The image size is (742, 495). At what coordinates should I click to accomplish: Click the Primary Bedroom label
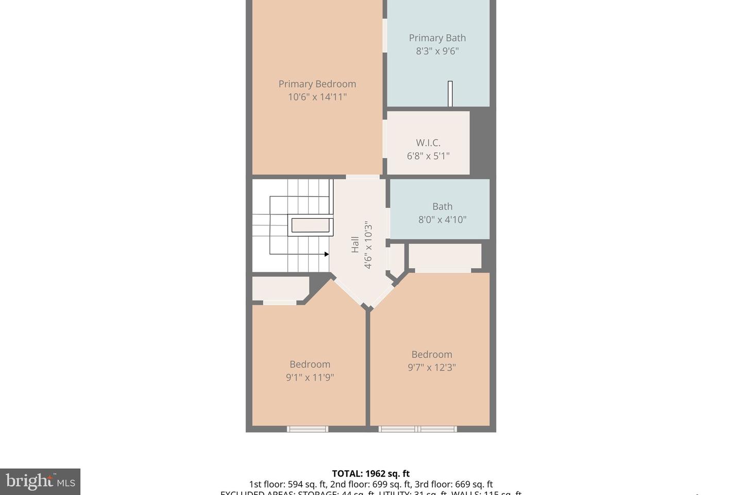pyautogui.click(x=317, y=84)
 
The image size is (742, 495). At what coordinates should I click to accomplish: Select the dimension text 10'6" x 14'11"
pyautogui.click(x=317, y=97)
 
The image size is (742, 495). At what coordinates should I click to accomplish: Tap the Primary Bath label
pyautogui.click(x=437, y=38)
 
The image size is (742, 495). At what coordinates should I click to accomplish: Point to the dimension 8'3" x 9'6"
pyautogui.click(x=437, y=51)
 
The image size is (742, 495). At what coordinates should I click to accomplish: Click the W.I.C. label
pyautogui.click(x=428, y=143)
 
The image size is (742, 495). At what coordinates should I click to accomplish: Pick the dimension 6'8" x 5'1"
pyautogui.click(x=428, y=156)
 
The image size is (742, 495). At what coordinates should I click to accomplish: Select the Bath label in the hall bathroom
pyautogui.click(x=442, y=206)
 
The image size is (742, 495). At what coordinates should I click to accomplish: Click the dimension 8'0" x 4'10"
pyautogui.click(x=442, y=220)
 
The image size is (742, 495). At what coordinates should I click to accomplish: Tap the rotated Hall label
pyautogui.click(x=355, y=244)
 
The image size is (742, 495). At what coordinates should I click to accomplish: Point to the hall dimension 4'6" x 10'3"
pyautogui.click(x=368, y=245)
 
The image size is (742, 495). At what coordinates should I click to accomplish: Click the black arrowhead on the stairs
pyautogui.click(x=326, y=254)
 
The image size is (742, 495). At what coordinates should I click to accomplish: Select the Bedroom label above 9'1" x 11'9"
pyautogui.click(x=310, y=364)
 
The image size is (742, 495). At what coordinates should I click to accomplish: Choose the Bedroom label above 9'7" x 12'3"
pyautogui.click(x=431, y=354)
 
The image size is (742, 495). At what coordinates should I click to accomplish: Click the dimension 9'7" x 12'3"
pyautogui.click(x=431, y=368)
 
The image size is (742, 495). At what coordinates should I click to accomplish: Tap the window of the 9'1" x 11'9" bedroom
pyautogui.click(x=307, y=428)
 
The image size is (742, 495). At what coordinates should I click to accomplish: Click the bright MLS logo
pyautogui.click(x=40, y=482)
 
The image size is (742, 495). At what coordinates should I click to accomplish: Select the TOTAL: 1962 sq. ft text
pyautogui.click(x=370, y=473)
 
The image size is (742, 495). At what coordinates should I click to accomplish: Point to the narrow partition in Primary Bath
pyautogui.click(x=450, y=94)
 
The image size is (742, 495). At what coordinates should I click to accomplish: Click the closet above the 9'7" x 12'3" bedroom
pyautogui.click(x=445, y=256)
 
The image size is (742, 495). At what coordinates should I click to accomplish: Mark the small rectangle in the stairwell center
pyautogui.click(x=311, y=226)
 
